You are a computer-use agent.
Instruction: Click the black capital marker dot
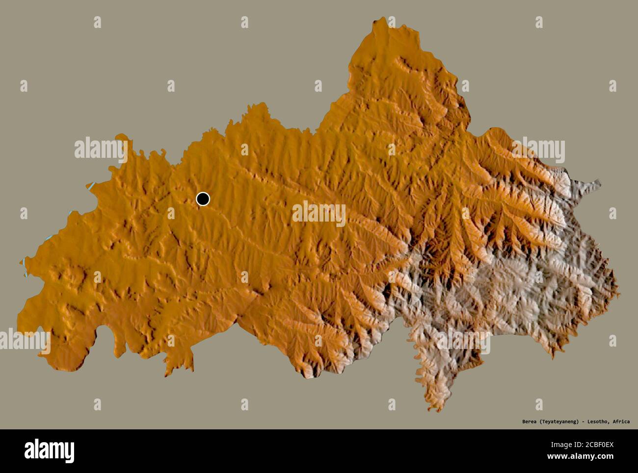[203, 199]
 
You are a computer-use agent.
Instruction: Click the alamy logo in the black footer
[49, 450]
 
